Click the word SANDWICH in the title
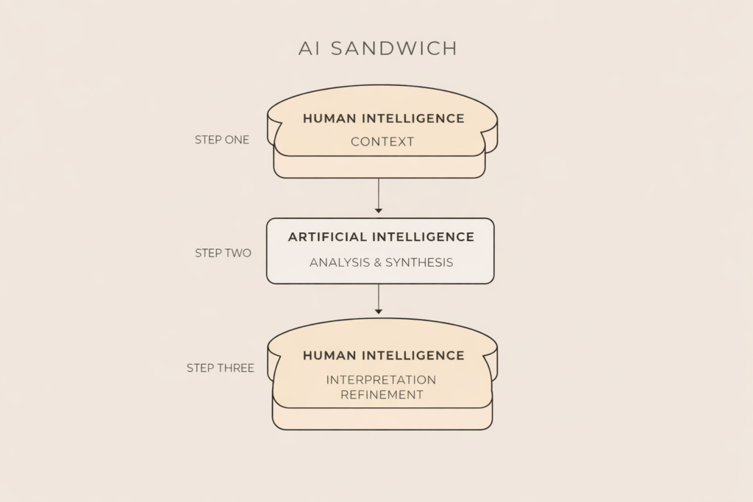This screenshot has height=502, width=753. click(393, 49)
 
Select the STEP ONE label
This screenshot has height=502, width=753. click(222, 140)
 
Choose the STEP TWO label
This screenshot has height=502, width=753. click(223, 253)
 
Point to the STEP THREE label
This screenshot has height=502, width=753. click(221, 367)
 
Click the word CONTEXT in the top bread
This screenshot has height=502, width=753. click(382, 142)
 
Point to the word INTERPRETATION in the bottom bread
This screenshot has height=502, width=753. click(381, 380)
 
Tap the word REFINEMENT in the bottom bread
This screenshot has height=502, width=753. click(381, 395)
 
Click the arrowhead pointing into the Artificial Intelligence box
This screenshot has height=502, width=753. click(379, 211)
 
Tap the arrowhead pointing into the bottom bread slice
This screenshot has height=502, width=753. click(379, 312)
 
